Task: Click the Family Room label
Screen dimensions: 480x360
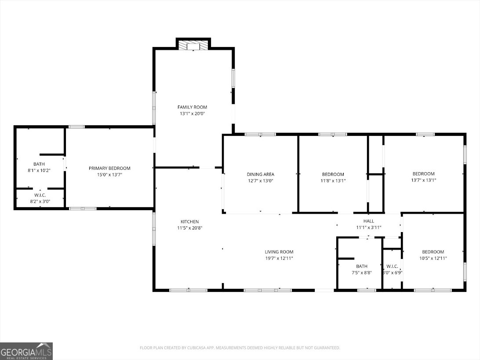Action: click(192, 107)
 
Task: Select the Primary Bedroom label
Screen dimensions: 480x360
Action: click(109, 168)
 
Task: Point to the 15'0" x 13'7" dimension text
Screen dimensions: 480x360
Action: click(109, 175)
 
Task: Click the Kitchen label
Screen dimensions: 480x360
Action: click(190, 222)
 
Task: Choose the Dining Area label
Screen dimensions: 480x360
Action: click(261, 174)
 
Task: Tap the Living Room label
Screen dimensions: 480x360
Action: click(279, 252)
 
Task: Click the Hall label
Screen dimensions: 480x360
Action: click(369, 221)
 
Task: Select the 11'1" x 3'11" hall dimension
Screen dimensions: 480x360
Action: click(369, 227)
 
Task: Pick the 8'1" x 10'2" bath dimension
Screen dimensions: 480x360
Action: click(39, 171)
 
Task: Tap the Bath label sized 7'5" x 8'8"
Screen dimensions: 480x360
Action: click(362, 266)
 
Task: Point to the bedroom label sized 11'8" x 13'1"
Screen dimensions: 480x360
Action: click(333, 174)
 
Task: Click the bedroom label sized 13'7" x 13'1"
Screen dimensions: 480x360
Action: click(424, 174)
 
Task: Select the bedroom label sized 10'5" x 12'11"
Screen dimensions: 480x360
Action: click(433, 252)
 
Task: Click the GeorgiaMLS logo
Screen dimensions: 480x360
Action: click(26, 351)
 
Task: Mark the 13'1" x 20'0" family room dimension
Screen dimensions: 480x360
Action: click(192, 113)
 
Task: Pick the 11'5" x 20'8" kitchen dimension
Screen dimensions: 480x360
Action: click(190, 228)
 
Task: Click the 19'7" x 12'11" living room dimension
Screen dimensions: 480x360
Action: click(279, 258)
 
